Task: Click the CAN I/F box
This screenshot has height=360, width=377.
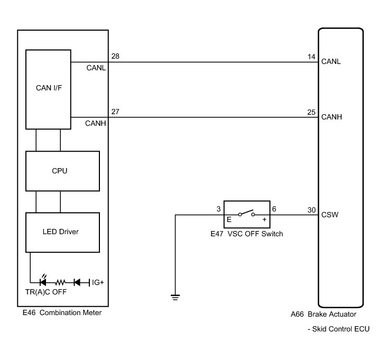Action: [48, 88]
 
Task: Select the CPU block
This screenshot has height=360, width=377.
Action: [63, 171]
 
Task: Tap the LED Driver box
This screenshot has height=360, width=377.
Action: [63, 232]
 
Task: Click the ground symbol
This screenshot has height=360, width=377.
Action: [175, 297]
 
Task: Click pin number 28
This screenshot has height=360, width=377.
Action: [115, 56]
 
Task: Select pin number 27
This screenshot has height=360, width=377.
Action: [115, 112]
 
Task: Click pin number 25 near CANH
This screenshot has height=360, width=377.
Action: [311, 112]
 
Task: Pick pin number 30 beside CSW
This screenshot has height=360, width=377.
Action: [311, 209]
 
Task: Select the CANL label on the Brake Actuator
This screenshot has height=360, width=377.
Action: [331, 61]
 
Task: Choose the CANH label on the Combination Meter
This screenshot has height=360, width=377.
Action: [96, 123]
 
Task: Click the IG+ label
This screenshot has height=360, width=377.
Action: [98, 282]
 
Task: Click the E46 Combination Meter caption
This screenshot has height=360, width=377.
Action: [62, 312]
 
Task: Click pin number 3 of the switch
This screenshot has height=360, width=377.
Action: [218, 209]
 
